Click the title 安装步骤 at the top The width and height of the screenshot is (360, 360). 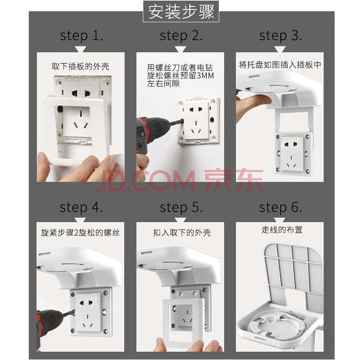pos(181,12)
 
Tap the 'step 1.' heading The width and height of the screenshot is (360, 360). pos(81,36)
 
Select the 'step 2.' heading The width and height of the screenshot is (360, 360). pos(181,36)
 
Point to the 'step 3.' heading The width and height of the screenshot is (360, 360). pos(280,36)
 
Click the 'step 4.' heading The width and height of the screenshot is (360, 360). pos(81,207)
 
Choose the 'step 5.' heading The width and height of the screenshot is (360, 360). pos(181,207)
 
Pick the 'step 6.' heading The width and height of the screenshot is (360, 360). pos(280,207)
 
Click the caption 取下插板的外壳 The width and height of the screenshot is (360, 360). pos(81,66)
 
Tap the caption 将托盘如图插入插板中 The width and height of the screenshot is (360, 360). pos(280,65)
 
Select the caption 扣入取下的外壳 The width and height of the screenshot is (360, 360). pos(182,233)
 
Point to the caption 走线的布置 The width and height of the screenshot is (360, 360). pos(282,229)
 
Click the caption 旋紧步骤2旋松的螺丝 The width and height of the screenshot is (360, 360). pos(81,233)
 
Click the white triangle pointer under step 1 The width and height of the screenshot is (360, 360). pos(81,49)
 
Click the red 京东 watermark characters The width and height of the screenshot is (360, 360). pos(234,180)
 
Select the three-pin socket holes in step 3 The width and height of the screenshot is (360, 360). pos(291,162)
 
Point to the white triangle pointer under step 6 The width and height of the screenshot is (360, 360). pos(280,220)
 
